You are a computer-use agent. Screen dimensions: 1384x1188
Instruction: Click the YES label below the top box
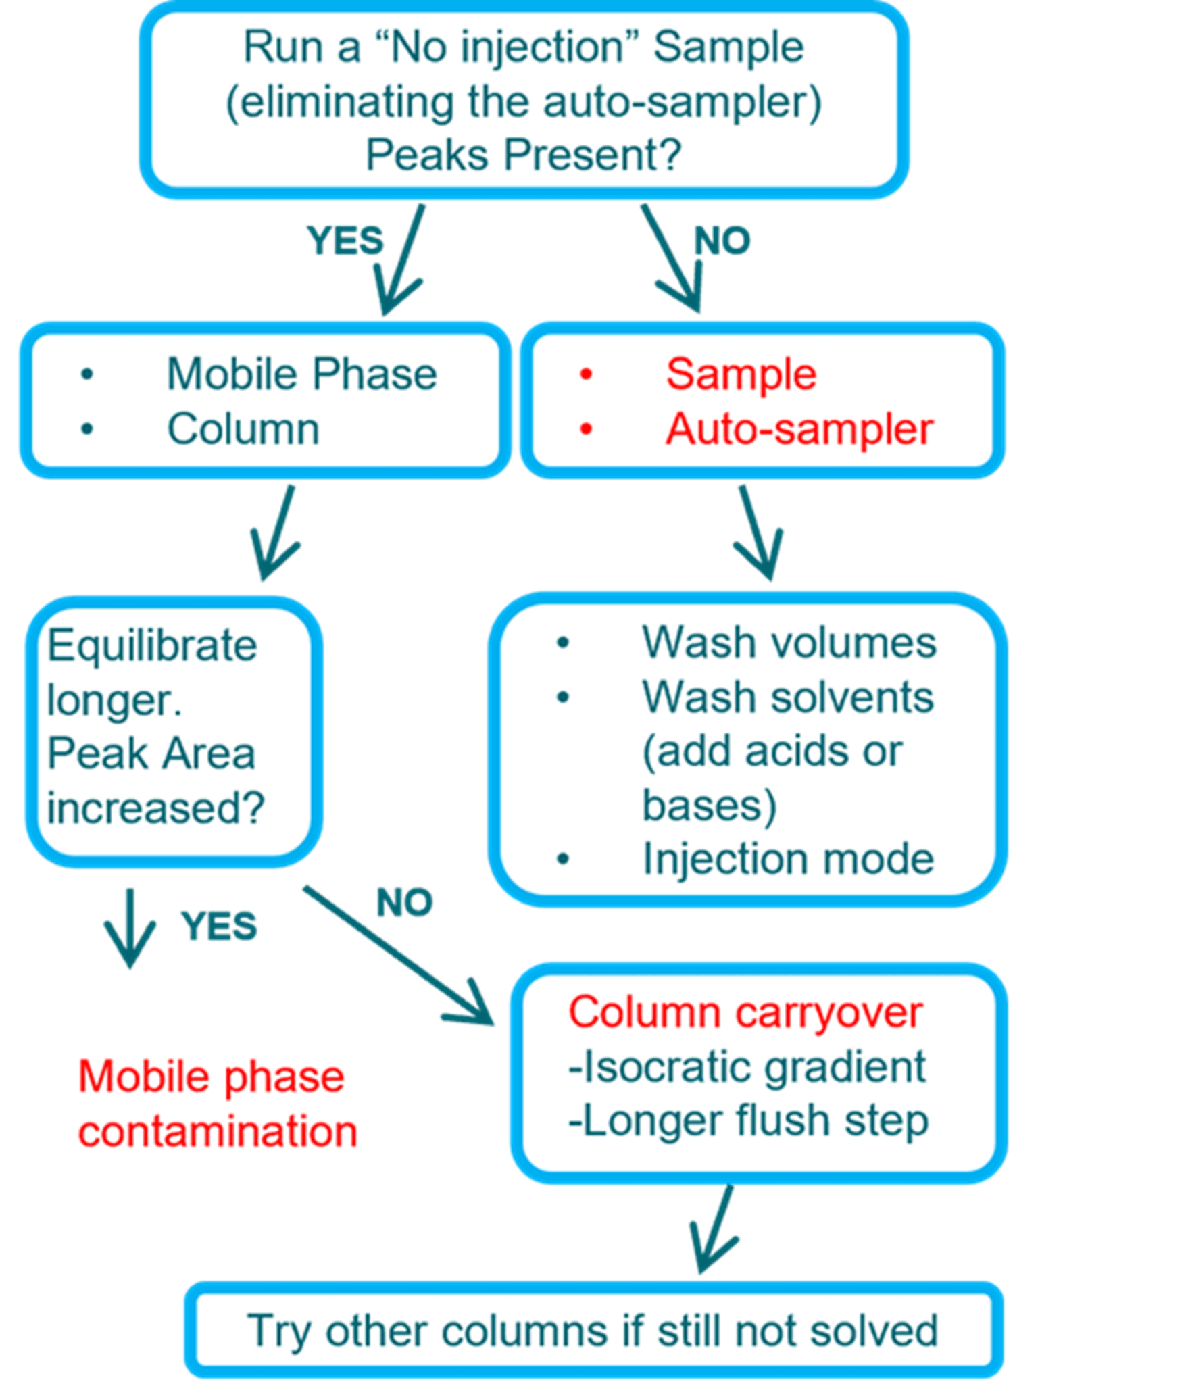point(345,241)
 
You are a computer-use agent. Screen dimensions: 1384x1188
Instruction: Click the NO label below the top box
point(722,241)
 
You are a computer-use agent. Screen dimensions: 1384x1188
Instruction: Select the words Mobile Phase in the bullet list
point(301,374)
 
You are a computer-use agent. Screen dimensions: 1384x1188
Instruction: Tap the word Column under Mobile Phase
point(243,429)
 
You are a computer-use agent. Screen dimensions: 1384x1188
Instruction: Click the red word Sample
point(741,374)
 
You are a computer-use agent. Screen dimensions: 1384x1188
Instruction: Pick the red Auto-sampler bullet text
point(799,429)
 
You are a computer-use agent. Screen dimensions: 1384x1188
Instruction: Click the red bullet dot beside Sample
point(586,374)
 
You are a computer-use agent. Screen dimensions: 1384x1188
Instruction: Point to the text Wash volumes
point(789,642)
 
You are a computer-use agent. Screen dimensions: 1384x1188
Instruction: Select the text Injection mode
point(788,859)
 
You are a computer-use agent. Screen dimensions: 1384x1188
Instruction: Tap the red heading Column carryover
point(745,1012)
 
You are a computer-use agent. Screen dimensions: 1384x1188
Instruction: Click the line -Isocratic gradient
point(746,1067)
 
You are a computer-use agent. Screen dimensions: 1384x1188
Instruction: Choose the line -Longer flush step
point(748,1121)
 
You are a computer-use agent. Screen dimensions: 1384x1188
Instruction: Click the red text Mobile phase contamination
point(216,1105)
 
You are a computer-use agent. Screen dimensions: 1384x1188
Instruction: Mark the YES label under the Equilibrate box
point(218,925)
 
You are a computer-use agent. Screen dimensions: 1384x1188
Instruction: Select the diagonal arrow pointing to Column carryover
point(399,956)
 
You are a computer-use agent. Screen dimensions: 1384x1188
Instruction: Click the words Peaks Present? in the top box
point(523,155)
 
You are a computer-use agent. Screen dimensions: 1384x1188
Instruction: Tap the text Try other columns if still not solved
point(592,1331)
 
